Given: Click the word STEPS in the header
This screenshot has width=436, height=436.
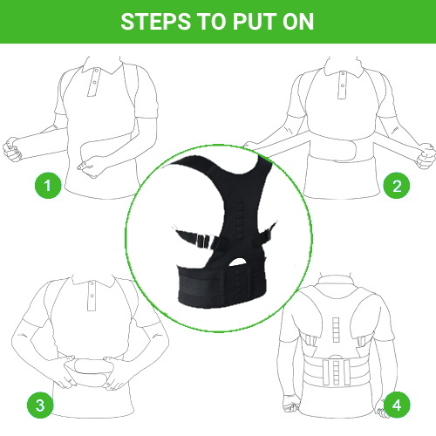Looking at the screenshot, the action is tap(156, 22).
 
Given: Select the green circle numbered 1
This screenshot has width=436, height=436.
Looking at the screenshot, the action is tap(48, 185).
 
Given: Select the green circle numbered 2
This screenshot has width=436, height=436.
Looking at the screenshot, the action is tap(397, 186).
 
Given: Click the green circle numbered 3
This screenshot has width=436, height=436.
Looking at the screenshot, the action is tap(40, 405).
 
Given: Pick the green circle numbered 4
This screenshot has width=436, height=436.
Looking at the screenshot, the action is tap(397, 405).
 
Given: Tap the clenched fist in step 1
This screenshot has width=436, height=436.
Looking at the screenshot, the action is tap(12, 149).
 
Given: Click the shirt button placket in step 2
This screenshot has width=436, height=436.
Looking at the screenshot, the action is tap(343, 85).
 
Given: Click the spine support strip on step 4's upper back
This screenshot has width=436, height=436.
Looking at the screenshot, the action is tap(336, 330).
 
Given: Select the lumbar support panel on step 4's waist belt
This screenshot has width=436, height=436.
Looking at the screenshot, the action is tap(336, 372).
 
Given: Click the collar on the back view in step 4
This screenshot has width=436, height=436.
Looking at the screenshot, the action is tap(336, 281).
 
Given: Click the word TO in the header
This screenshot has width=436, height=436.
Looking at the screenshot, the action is tap(212, 22).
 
